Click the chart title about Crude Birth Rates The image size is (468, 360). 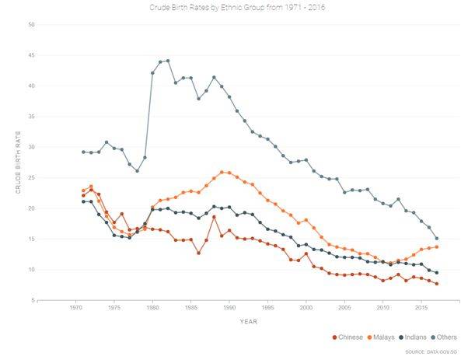pyautogui.click(x=233, y=8)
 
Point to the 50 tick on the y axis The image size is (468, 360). pyautogui.click(x=30, y=25)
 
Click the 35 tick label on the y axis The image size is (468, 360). pyautogui.click(x=30, y=117)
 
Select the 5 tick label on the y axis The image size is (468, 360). pyautogui.click(x=32, y=300)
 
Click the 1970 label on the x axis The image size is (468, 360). pyautogui.click(x=76, y=309)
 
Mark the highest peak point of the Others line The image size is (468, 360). pyautogui.click(x=167, y=61)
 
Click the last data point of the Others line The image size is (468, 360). pyautogui.click(x=437, y=239)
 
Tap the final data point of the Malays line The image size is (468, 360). pyautogui.click(x=437, y=246)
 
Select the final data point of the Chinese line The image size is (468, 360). pyautogui.click(x=437, y=284)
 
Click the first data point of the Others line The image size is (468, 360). pyautogui.click(x=83, y=152)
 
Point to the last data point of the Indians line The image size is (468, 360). pyautogui.click(x=437, y=273)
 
